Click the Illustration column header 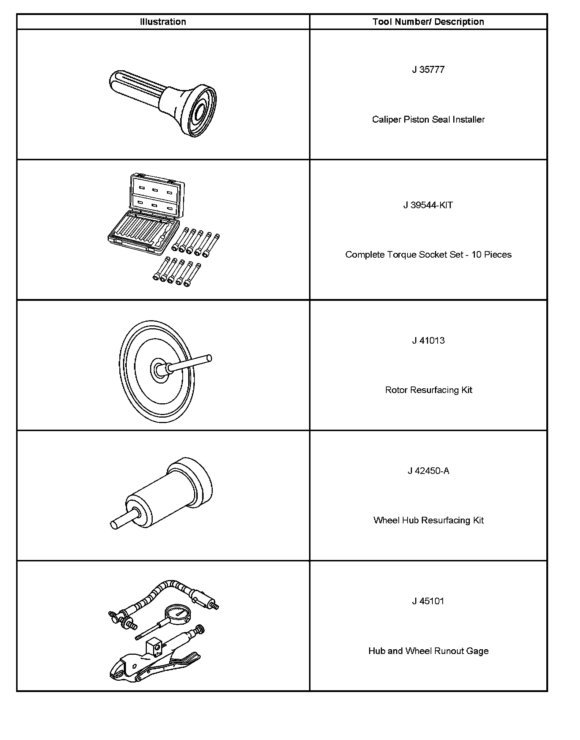163,22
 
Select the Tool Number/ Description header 428,22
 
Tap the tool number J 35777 428,70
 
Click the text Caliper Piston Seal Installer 428,120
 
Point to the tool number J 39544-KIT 428,205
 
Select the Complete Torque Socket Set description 428,255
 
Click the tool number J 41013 428,341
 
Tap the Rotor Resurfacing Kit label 428,390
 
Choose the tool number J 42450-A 428,471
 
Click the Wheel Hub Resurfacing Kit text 428,520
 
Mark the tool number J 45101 428,601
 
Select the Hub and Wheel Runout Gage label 428,651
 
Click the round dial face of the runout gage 177,613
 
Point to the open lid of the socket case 157,194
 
